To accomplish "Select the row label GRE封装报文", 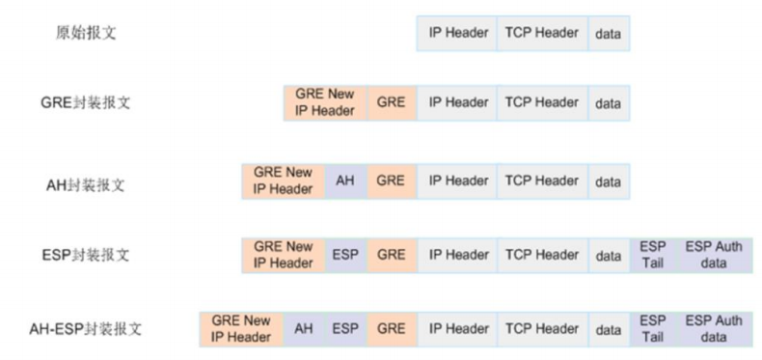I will [x=87, y=103].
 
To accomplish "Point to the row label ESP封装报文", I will [x=88, y=256].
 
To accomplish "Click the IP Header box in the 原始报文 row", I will [x=458, y=34].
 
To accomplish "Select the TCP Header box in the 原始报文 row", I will [x=541, y=34].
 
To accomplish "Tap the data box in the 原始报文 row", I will [x=608, y=35].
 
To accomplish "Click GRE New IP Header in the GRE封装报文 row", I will [x=325, y=103].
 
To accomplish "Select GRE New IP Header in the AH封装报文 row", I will [x=283, y=180].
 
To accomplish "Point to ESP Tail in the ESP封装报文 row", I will [x=652, y=256].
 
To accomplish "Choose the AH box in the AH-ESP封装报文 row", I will [x=303, y=329].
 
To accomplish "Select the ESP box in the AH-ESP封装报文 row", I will [x=345, y=329].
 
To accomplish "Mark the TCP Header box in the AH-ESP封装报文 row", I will [x=541, y=329].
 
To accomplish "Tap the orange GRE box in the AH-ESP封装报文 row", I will [x=391, y=329].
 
